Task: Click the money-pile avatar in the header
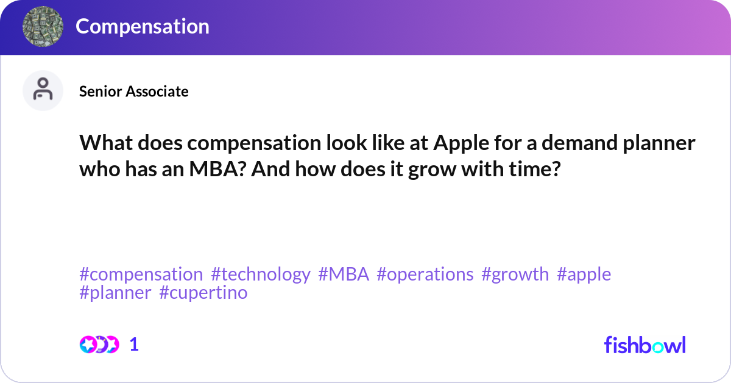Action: coord(43,26)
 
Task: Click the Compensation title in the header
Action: coord(143,26)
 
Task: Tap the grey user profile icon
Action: coord(43,90)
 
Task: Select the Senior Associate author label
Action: coord(134,91)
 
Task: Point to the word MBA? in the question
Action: coord(217,169)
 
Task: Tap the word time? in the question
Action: coord(535,169)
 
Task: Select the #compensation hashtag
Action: coord(141,274)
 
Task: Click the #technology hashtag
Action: coord(261,274)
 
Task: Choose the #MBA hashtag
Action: coord(344,274)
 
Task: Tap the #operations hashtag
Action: coord(425,274)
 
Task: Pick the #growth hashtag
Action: coord(515,274)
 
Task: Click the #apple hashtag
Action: coord(584,274)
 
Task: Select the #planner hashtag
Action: coord(115,293)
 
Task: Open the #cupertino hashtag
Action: coord(203,293)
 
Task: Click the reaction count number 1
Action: coord(134,345)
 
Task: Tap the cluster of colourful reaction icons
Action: coord(99,345)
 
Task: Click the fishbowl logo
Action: coord(645,345)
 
